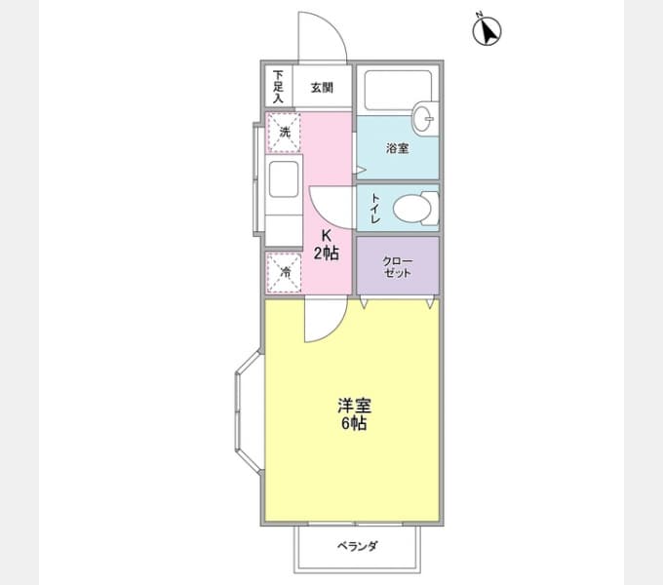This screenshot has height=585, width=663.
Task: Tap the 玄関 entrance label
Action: click(x=323, y=88)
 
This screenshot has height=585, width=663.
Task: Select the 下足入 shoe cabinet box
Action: click(x=278, y=86)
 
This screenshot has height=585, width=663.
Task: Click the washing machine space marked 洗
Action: click(x=285, y=132)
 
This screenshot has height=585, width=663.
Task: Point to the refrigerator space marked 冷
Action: click(x=285, y=272)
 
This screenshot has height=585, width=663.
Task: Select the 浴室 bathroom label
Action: click(x=397, y=149)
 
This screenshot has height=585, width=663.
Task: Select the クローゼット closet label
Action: click(x=397, y=265)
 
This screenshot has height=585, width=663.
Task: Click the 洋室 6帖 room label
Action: click(x=353, y=415)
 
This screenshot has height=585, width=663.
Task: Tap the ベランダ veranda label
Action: click(x=358, y=546)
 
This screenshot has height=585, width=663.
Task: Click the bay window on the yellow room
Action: click(x=247, y=412)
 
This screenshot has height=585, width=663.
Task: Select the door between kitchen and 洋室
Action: click(x=323, y=321)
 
